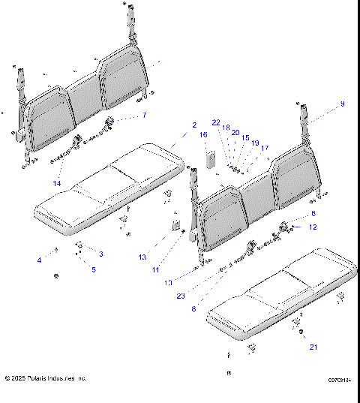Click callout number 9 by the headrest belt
click(343, 103)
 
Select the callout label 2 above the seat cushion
click(193, 125)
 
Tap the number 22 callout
click(216, 122)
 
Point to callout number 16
click(203, 134)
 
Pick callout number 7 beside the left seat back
click(145, 116)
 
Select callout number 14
click(57, 184)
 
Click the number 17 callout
click(265, 148)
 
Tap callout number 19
click(255, 143)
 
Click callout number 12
click(313, 227)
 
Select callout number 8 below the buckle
click(195, 308)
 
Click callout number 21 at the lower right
click(313, 347)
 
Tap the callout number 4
click(40, 260)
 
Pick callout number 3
click(101, 254)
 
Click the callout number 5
click(94, 269)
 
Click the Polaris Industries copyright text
click(46, 378)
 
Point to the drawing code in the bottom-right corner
click(339, 380)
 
